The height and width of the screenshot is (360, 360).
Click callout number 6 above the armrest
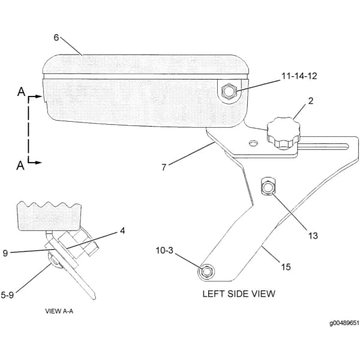(56, 38)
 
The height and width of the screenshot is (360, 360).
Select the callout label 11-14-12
(299, 76)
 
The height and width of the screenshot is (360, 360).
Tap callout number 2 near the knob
(310, 101)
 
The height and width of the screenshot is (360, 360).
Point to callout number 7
(164, 167)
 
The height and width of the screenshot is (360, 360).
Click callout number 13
(313, 236)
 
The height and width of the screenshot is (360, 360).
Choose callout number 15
(286, 267)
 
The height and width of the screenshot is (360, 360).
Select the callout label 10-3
(164, 250)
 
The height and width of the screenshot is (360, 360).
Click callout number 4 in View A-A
(122, 231)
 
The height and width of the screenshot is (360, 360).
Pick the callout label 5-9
(7, 295)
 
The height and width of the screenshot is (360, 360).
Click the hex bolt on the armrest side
(229, 91)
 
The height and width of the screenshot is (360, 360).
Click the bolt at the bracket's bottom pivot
(206, 272)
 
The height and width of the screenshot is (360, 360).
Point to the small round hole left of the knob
(253, 143)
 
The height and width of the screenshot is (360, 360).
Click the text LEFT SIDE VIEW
(239, 294)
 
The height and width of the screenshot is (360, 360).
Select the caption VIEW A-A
(59, 311)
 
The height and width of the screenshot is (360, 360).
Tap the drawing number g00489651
(344, 323)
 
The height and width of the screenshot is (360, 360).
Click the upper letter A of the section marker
(21, 92)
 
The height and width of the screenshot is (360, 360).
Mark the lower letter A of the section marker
(20, 166)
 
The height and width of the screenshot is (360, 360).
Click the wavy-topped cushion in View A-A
(50, 216)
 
